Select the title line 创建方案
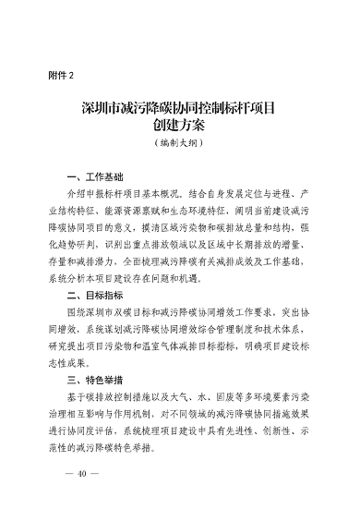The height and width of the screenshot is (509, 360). coord(180,127)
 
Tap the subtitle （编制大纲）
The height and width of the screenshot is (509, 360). coord(180,146)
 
